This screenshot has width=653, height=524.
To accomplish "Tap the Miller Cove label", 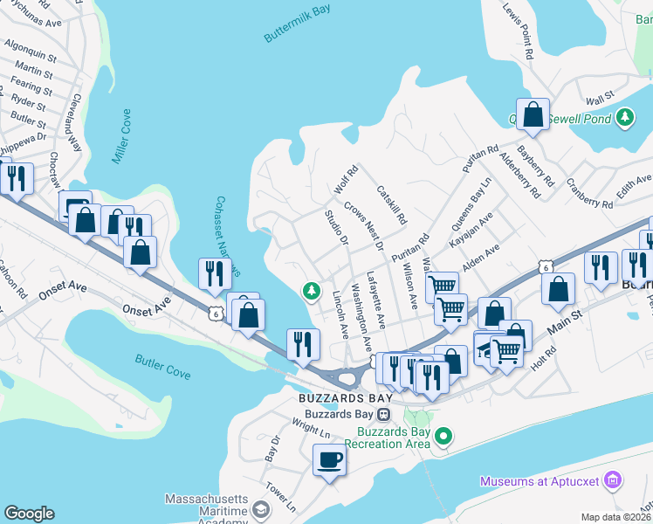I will pyautogui.click(x=120, y=136).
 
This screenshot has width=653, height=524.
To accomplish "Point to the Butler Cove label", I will pyautogui.click(x=162, y=366).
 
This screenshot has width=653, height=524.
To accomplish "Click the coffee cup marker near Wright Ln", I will pyautogui.click(x=330, y=459).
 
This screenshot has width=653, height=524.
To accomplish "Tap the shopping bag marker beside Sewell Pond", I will pyautogui.click(x=533, y=114).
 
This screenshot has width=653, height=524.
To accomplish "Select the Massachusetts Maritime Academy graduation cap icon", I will pyautogui.click(x=259, y=509).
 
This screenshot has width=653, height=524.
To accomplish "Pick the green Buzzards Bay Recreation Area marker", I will pyautogui.click(x=443, y=435).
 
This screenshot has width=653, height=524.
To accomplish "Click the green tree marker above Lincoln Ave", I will pyautogui.click(x=309, y=291).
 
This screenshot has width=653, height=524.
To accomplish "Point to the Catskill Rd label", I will pyautogui.click(x=391, y=204).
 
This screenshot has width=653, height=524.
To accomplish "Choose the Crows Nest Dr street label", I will pyautogui.click(x=363, y=225).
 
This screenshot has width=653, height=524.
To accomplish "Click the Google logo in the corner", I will pyautogui.click(x=29, y=514).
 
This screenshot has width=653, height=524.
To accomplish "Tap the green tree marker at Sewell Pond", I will pyautogui.click(x=624, y=117).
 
